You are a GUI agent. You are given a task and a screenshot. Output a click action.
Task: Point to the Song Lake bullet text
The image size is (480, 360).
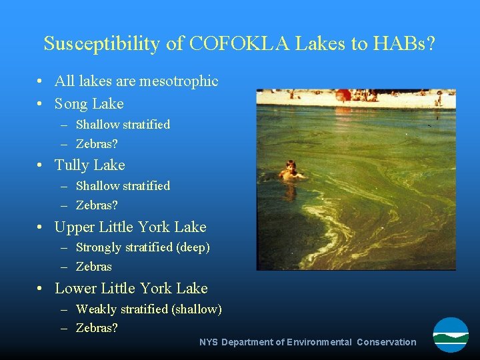click(89, 103)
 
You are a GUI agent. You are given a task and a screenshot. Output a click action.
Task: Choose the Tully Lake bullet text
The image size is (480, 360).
click(89, 165)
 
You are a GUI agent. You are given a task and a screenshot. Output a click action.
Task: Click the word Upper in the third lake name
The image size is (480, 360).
click(75, 227)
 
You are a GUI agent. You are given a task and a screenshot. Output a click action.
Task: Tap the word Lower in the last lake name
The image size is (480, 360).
click(75, 289)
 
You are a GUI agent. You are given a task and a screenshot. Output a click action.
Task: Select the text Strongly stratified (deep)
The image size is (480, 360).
click(143, 247)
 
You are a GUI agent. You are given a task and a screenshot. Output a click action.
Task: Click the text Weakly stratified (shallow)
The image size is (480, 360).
click(149, 309)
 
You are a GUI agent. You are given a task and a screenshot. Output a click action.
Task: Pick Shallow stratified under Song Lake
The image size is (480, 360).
click(123, 125)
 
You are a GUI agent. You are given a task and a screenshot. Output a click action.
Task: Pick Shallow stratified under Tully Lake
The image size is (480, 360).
click(123, 186)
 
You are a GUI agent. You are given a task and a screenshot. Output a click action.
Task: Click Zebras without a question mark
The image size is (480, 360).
click(94, 267)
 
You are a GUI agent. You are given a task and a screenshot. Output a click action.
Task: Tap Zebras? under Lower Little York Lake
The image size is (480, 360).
click(97, 328)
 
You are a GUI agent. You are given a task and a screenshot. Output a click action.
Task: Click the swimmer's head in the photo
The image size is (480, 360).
click(290, 165)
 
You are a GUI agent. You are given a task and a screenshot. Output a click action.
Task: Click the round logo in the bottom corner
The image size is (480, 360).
click(451, 335)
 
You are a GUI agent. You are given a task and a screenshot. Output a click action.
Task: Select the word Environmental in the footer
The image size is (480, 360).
click(319, 342)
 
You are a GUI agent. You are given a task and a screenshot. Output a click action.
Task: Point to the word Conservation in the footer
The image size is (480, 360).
click(386, 342)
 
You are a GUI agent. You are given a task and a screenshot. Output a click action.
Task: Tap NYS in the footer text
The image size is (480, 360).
click(209, 342)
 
